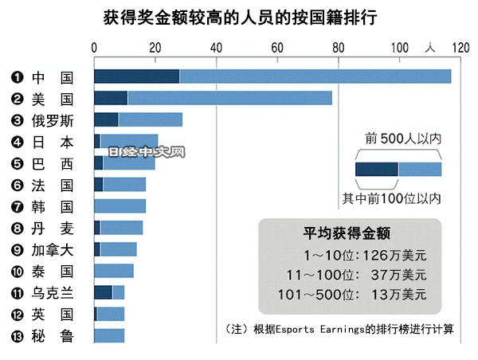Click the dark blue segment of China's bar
pyautogui.click(x=136, y=76)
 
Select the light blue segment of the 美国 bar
pyautogui.click(x=229, y=98)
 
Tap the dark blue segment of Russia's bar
pyautogui.click(x=106, y=119)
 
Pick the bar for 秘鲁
pyautogui.click(x=109, y=335)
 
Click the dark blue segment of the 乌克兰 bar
pyautogui.click(x=103, y=292)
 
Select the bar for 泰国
pyautogui.click(x=114, y=271)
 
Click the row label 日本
pyautogui.click(x=53, y=142)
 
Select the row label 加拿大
pyautogui.click(x=53, y=249)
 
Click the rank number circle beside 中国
pyautogui.click(x=16, y=77)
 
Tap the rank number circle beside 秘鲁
pyautogui.click(x=16, y=336)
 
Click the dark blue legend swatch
pyautogui.click(x=376, y=169)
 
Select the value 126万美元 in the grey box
pyautogui.click(x=396, y=255)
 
